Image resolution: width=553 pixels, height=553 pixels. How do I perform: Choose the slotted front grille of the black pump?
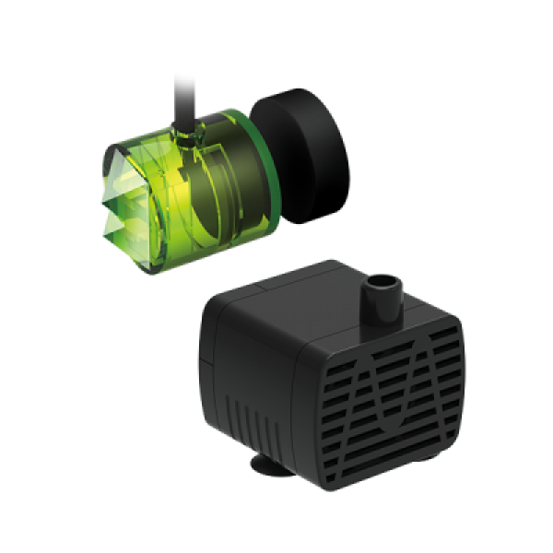point(396,396)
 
